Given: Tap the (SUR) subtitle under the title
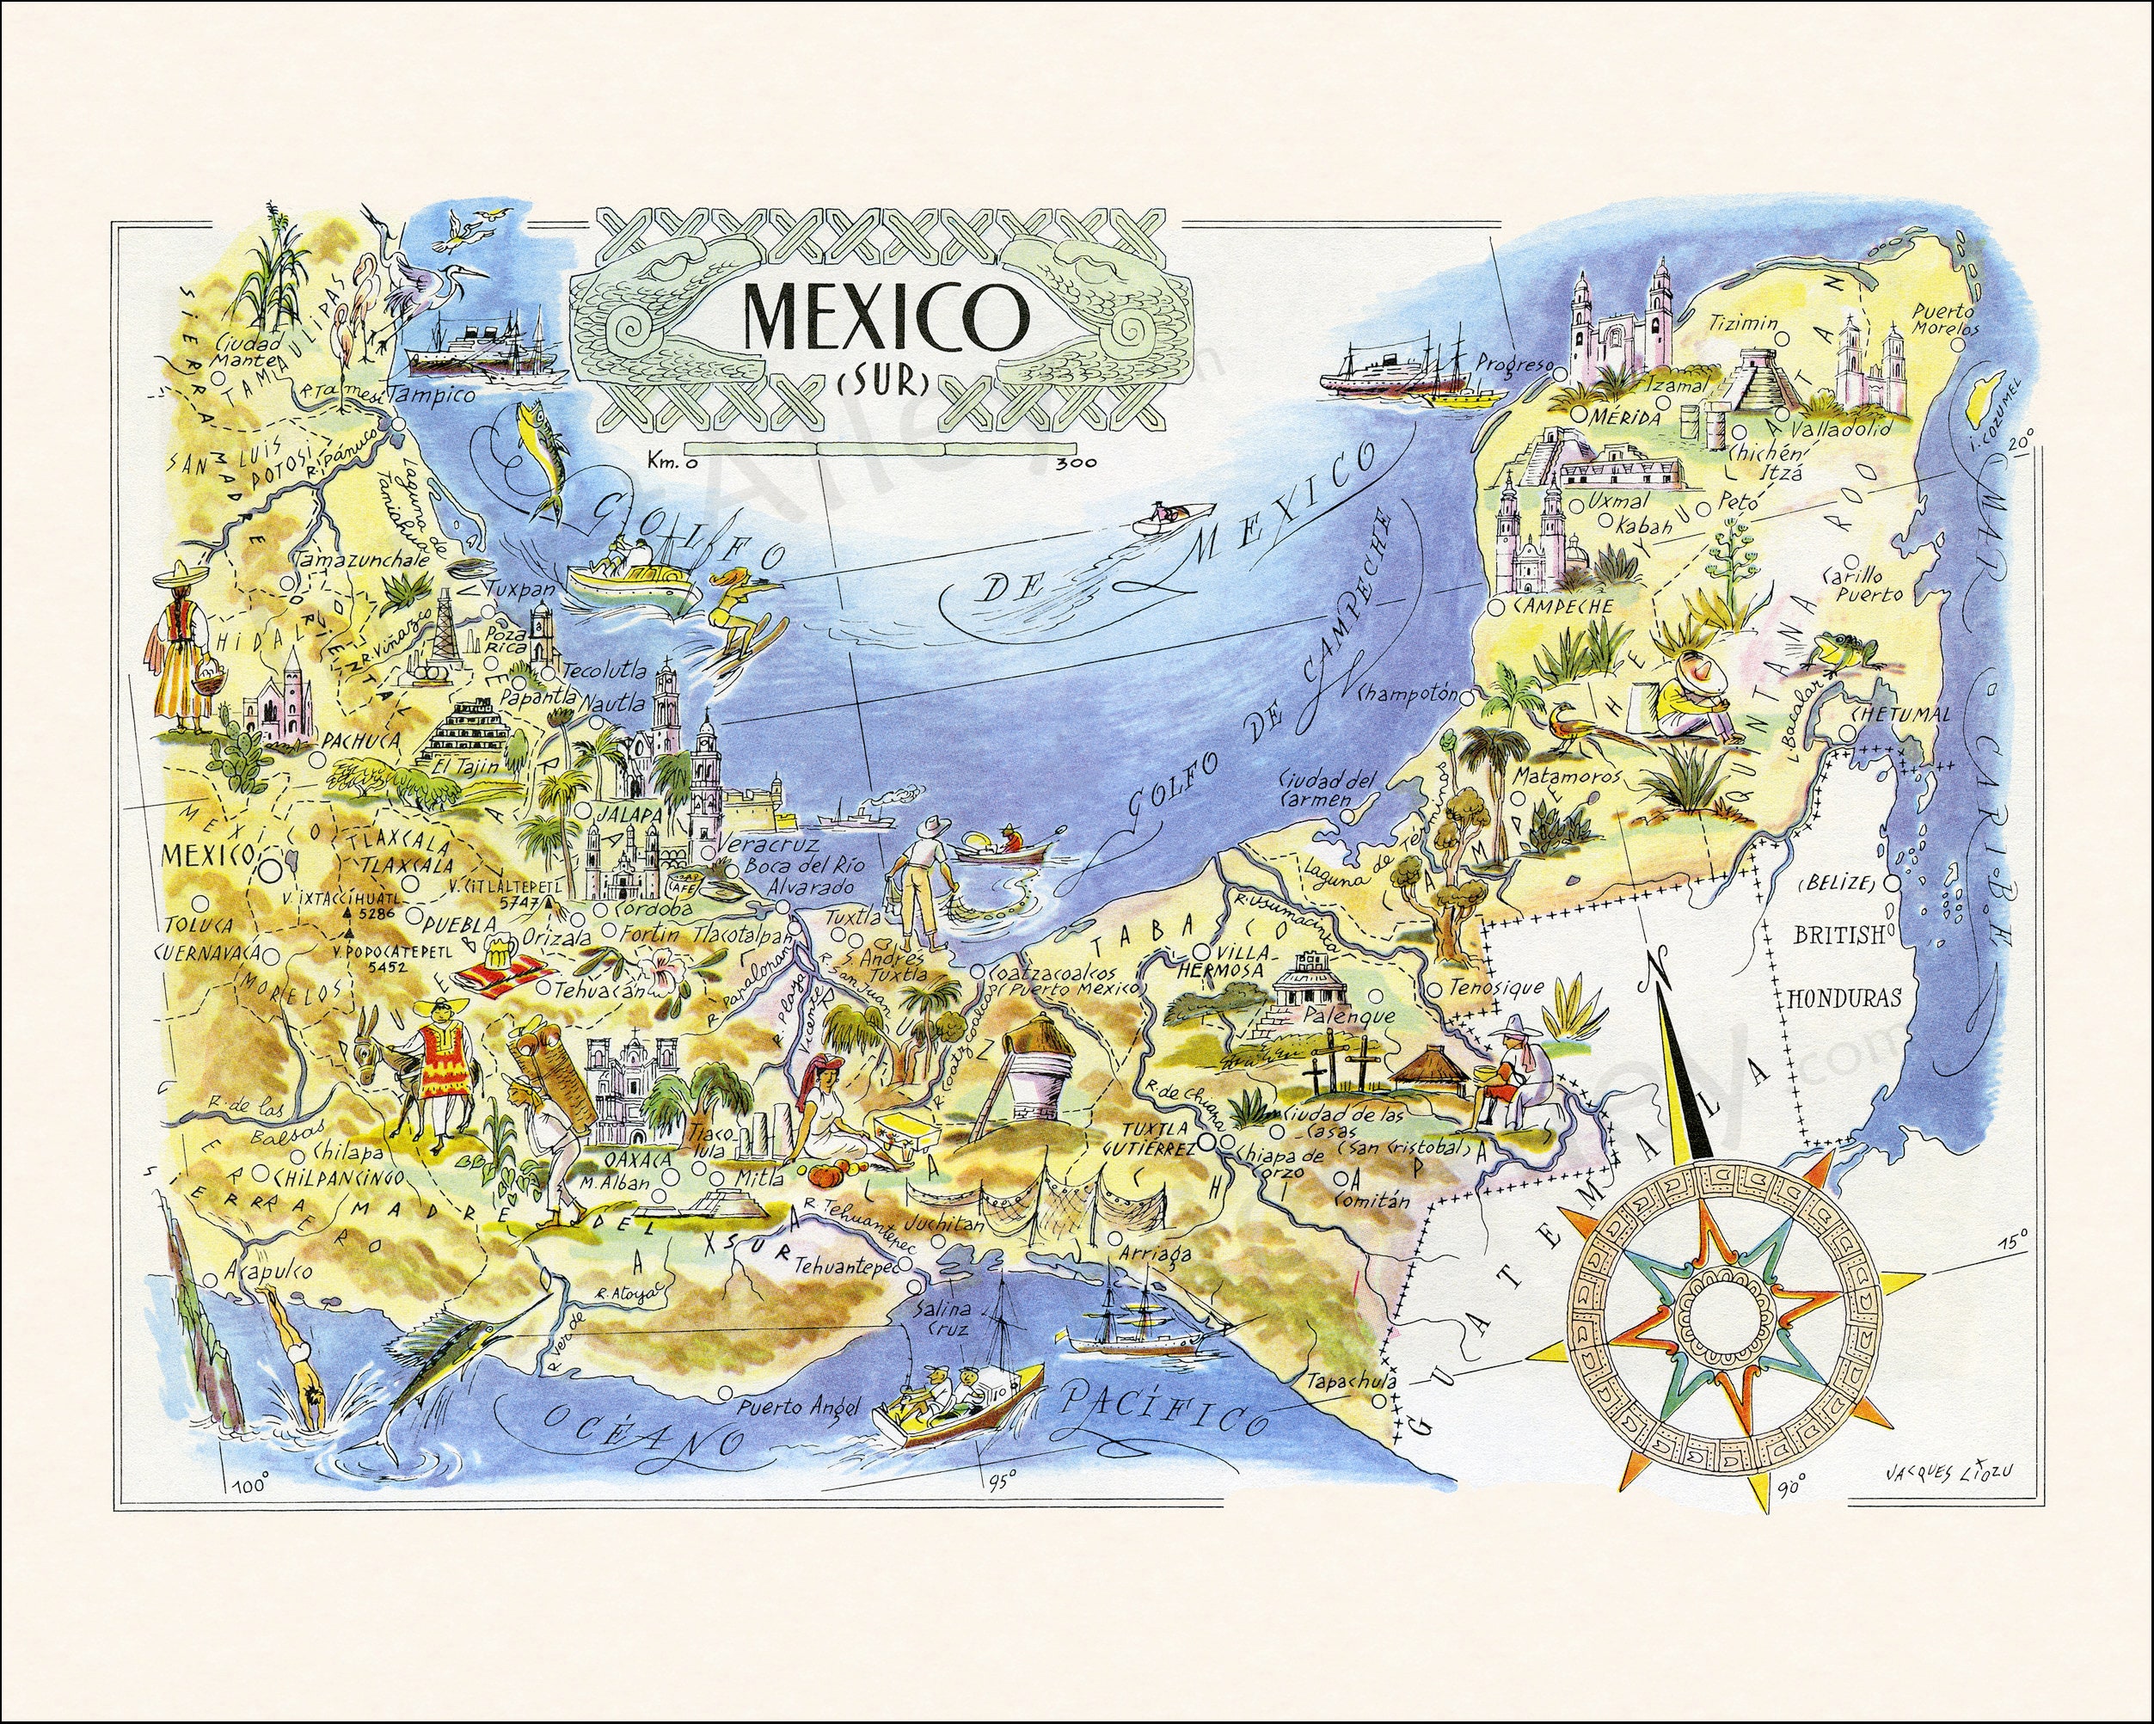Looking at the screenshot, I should point(877,382).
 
